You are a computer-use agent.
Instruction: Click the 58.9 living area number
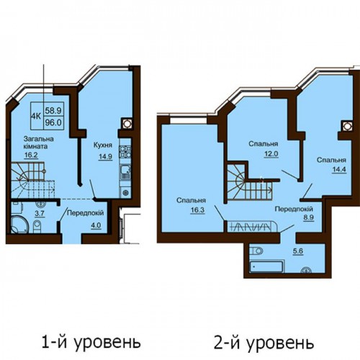[53, 111]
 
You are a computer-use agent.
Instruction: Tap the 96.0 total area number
[53, 122]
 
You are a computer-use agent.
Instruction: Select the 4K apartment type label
[36, 116]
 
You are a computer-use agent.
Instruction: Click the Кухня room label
[103, 145]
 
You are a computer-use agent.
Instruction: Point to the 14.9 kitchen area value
[105, 156]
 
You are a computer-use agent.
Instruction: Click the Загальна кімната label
[38, 143]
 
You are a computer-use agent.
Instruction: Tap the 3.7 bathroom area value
[40, 213]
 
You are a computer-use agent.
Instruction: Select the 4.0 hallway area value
[96, 225]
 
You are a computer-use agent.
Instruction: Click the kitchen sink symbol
[125, 172]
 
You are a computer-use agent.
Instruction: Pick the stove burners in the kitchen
[125, 152]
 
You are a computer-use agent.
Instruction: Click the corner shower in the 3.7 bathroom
[19, 224]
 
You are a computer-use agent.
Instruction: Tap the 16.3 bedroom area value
[197, 210]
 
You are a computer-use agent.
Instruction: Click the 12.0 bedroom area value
[271, 154]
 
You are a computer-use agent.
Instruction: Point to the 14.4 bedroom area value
[339, 170]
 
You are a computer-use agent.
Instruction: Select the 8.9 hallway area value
[309, 217]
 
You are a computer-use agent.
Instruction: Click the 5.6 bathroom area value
[298, 251]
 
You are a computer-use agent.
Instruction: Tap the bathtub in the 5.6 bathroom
[266, 266]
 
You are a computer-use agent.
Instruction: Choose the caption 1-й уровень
[91, 343]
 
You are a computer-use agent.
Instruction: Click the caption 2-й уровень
[264, 343]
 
